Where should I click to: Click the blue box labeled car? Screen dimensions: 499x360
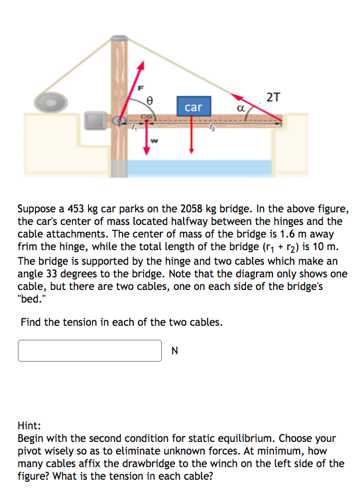[x=192, y=107]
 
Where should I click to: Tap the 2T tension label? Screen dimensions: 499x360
[x=273, y=97]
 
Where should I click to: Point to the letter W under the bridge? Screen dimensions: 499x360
[x=155, y=140]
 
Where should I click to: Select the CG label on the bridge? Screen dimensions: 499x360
[x=142, y=116]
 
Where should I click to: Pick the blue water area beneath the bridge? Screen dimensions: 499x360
[x=199, y=169]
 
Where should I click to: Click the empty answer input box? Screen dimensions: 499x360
[x=90, y=350]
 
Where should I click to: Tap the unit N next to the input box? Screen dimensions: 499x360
[x=175, y=351]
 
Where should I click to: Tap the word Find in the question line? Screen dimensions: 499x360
[x=30, y=322]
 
